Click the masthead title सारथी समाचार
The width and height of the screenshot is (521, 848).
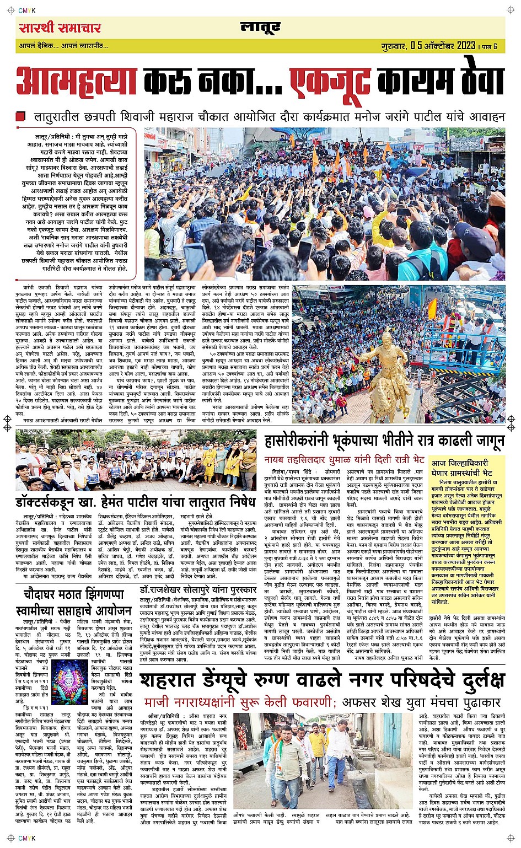(60, 28)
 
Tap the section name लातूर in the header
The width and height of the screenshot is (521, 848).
(260, 28)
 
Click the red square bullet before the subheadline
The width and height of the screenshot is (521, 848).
(21, 117)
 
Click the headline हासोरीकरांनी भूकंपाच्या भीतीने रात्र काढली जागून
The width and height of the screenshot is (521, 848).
(384, 441)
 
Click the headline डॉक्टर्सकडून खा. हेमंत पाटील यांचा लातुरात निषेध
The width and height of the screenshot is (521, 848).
(136, 502)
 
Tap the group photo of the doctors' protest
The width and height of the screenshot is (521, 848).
(136, 460)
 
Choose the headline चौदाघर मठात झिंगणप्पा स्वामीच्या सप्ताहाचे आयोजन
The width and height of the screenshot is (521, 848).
(74, 603)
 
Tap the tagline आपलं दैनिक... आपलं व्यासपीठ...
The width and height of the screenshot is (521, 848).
(64, 46)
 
